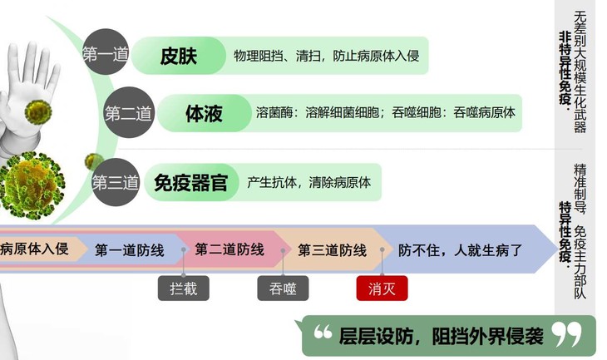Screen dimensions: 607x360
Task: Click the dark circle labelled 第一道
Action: [105, 55]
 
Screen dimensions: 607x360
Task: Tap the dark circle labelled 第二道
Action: [127, 114]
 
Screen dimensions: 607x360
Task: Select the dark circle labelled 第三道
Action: [115, 182]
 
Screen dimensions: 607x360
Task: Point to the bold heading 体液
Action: [204, 114]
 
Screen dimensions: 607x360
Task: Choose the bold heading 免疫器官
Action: [190, 182]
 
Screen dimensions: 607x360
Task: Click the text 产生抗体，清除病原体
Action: [309, 182]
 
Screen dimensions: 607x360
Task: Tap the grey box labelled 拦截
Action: [184, 288]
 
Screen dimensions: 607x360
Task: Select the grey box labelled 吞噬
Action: [284, 288]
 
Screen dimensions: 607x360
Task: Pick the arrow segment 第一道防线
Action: [129, 249]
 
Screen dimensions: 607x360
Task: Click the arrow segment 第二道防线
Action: [229, 249]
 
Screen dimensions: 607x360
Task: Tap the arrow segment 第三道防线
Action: [332, 249]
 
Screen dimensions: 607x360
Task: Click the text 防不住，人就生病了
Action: [460, 249]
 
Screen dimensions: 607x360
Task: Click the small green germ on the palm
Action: [38, 111]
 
